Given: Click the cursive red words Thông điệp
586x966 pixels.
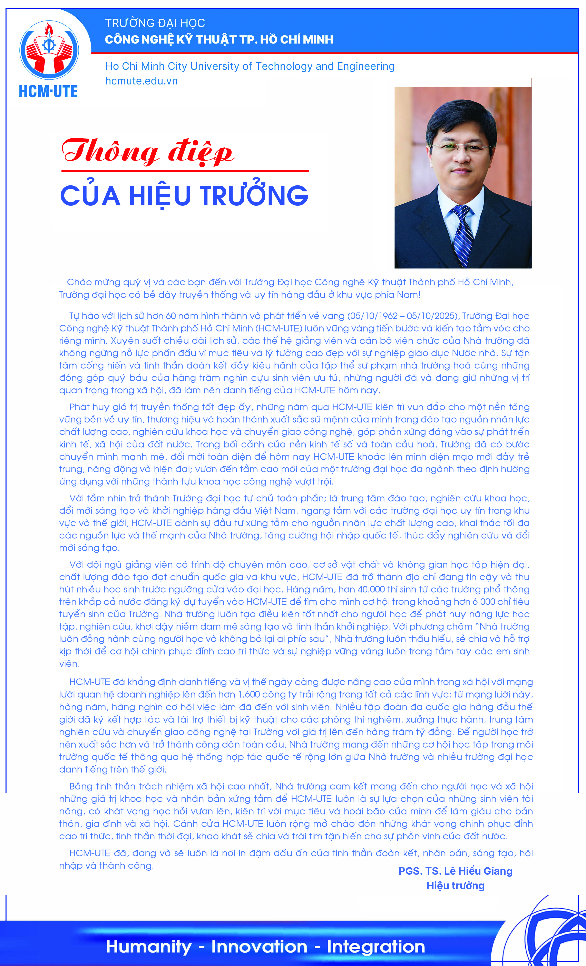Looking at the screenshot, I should click(148, 151).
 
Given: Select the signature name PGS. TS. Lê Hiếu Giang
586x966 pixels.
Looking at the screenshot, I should click(455, 871).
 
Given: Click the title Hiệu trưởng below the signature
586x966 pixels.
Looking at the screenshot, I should click(455, 886).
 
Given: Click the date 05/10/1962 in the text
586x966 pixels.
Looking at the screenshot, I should click(372, 316).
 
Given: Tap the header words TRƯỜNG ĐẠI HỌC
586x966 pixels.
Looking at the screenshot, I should click(155, 23).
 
